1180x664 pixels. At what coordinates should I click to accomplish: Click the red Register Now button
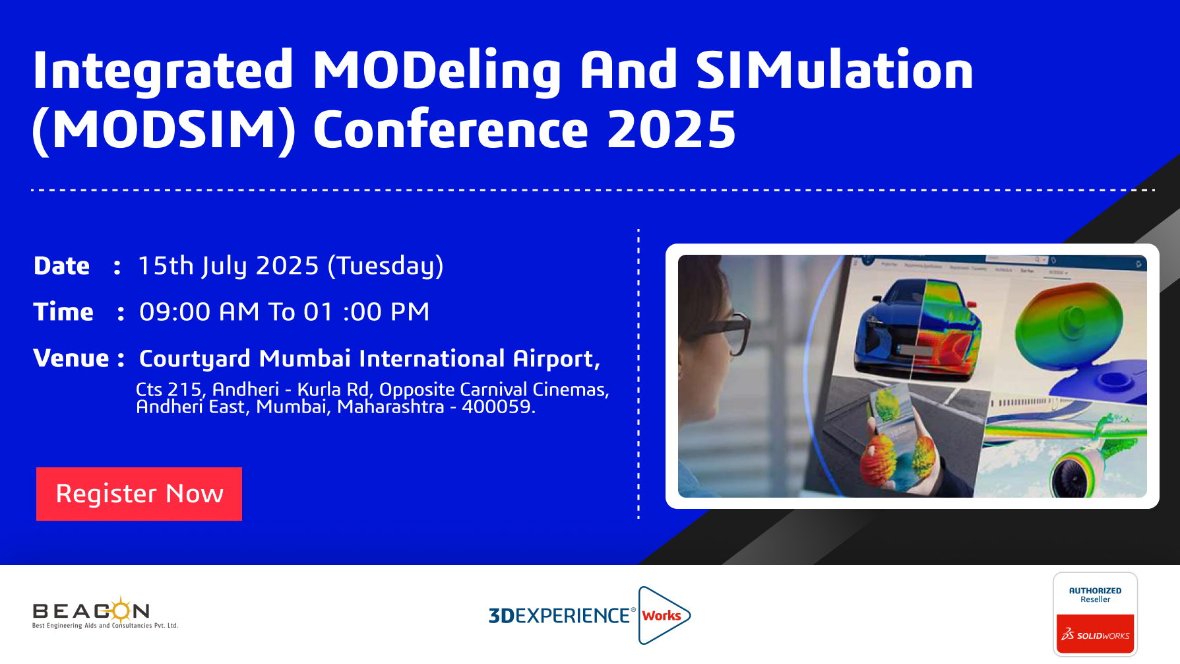tap(139, 494)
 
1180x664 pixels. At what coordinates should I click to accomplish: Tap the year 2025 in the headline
tap(671, 129)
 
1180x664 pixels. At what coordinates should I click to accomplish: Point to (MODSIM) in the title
tap(164, 130)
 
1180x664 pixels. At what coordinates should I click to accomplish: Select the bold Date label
tap(61, 266)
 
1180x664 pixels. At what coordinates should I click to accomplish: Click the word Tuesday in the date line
tap(386, 266)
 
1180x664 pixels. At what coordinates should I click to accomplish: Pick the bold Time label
tap(63, 312)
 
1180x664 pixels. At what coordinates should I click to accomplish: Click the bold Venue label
tap(71, 358)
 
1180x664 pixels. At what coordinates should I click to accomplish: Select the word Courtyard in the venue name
tap(195, 359)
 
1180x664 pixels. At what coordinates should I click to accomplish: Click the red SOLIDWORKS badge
tap(1095, 634)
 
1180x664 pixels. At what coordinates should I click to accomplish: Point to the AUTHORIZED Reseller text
tap(1095, 595)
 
